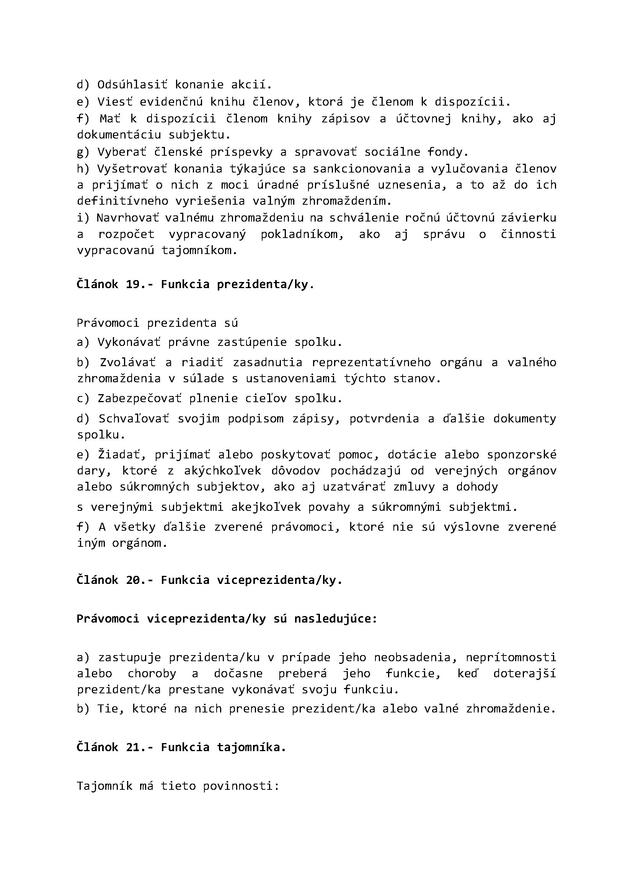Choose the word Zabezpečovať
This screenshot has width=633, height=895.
click(139, 398)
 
